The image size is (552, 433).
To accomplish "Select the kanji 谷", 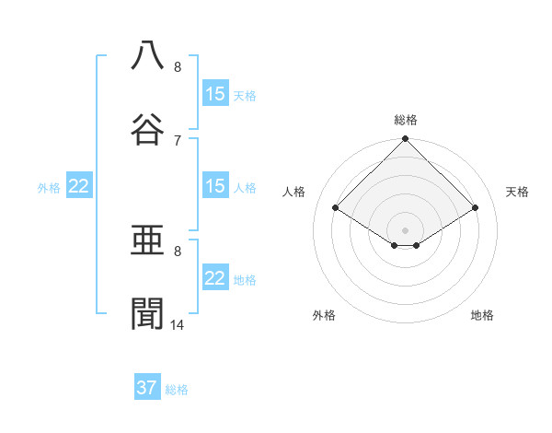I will point(147,128).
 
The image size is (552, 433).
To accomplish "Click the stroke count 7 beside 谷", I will point(178,140).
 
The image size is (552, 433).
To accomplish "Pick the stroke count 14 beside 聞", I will point(178,325).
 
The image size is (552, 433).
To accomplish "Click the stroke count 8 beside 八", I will point(178,67).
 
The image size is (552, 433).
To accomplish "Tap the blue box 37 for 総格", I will point(147,388).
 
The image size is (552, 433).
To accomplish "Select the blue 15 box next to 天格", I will point(215,94).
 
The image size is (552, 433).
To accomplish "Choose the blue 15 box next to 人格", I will point(215,186).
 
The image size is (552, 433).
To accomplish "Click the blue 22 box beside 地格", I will point(215,278).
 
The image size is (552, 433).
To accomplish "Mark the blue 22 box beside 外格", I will point(79,186).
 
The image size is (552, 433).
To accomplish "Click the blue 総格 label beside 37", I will point(177,390).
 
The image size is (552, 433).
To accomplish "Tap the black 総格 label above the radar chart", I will point(406,120).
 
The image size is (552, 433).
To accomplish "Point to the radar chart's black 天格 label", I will point(517,192).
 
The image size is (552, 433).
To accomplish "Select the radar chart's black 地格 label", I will point(482,315).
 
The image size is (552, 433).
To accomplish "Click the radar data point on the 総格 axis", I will point(406,140).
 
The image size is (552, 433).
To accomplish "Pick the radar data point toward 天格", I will point(476,208).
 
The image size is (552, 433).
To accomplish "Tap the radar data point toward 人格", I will point(336,208).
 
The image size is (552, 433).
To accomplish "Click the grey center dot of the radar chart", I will point(406,229).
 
